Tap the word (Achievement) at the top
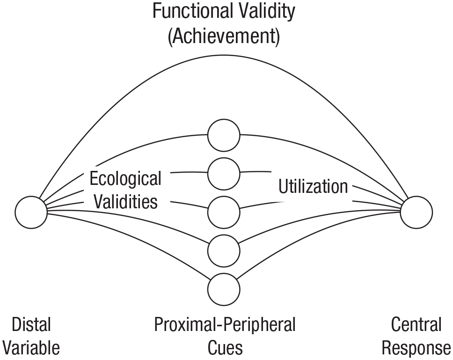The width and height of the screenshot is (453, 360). click(224, 36)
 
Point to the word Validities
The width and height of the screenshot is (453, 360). click(126, 201)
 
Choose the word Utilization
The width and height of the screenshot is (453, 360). click(313, 186)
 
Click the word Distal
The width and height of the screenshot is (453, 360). click(31, 324)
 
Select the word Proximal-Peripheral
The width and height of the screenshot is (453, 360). click(225, 324)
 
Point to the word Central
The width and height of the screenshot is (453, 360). click(416, 324)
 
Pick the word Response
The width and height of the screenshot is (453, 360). click(416, 348)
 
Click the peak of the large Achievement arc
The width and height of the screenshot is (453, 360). click(224, 55)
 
